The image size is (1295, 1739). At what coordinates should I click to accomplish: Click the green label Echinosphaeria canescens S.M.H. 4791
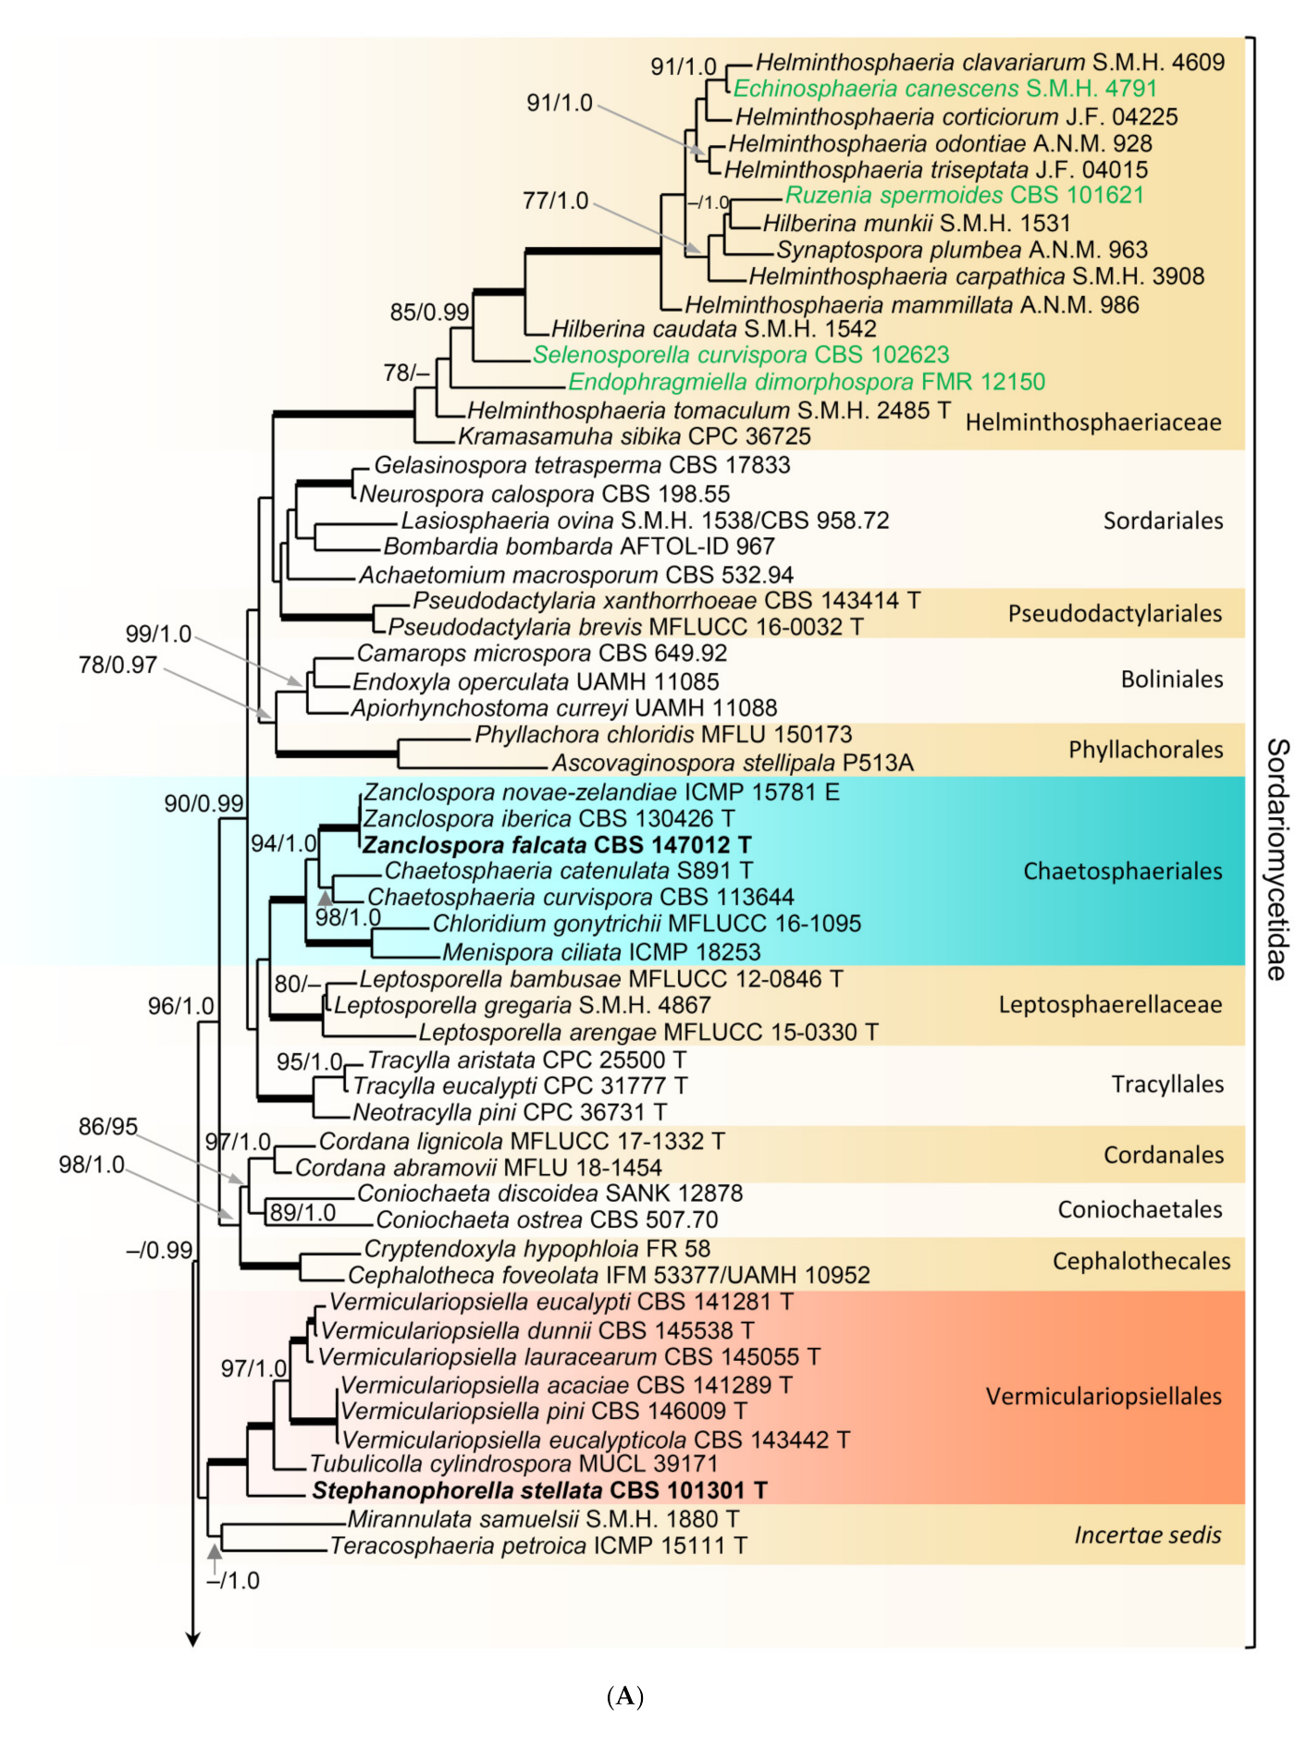(x=944, y=89)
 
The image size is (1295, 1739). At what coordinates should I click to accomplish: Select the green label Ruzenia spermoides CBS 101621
(x=964, y=195)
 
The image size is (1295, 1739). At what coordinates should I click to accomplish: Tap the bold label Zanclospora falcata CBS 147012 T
(x=557, y=845)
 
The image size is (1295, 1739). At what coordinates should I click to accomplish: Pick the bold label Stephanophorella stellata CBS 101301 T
(x=539, y=1490)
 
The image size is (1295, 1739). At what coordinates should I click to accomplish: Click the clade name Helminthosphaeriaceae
(x=1093, y=423)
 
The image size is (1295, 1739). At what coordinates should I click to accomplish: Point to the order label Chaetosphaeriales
(x=1122, y=871)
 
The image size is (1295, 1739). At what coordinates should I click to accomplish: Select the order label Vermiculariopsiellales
(x=1104, y=1396)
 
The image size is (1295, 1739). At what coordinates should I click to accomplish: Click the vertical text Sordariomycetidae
(x=1276, y=859)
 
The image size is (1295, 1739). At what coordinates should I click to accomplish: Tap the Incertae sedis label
(x=1147, y=1535)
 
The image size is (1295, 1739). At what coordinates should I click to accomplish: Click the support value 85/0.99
(x=429, y=312)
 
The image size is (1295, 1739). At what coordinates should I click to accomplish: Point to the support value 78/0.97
(x=117, y=665)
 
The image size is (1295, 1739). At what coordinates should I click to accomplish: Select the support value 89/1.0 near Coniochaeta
(x=302, y=1212)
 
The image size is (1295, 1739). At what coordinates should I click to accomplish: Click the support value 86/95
(x=108, y=1126)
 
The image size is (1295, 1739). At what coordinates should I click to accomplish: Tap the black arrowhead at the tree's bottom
(x=192, y=1639)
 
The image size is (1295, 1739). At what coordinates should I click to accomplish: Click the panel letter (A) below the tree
(x=625, y=1696)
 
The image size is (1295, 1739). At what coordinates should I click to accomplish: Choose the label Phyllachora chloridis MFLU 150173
(x=663, y=735)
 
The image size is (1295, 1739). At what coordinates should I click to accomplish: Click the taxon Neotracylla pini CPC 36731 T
(x=510, y=1112)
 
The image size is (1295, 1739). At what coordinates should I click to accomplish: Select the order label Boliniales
(x=1171, y=680)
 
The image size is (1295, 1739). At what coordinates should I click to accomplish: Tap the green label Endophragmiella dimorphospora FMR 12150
(x=806, y=382)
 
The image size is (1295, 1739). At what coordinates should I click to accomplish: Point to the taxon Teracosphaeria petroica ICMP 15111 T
(x=538, y=1546)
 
